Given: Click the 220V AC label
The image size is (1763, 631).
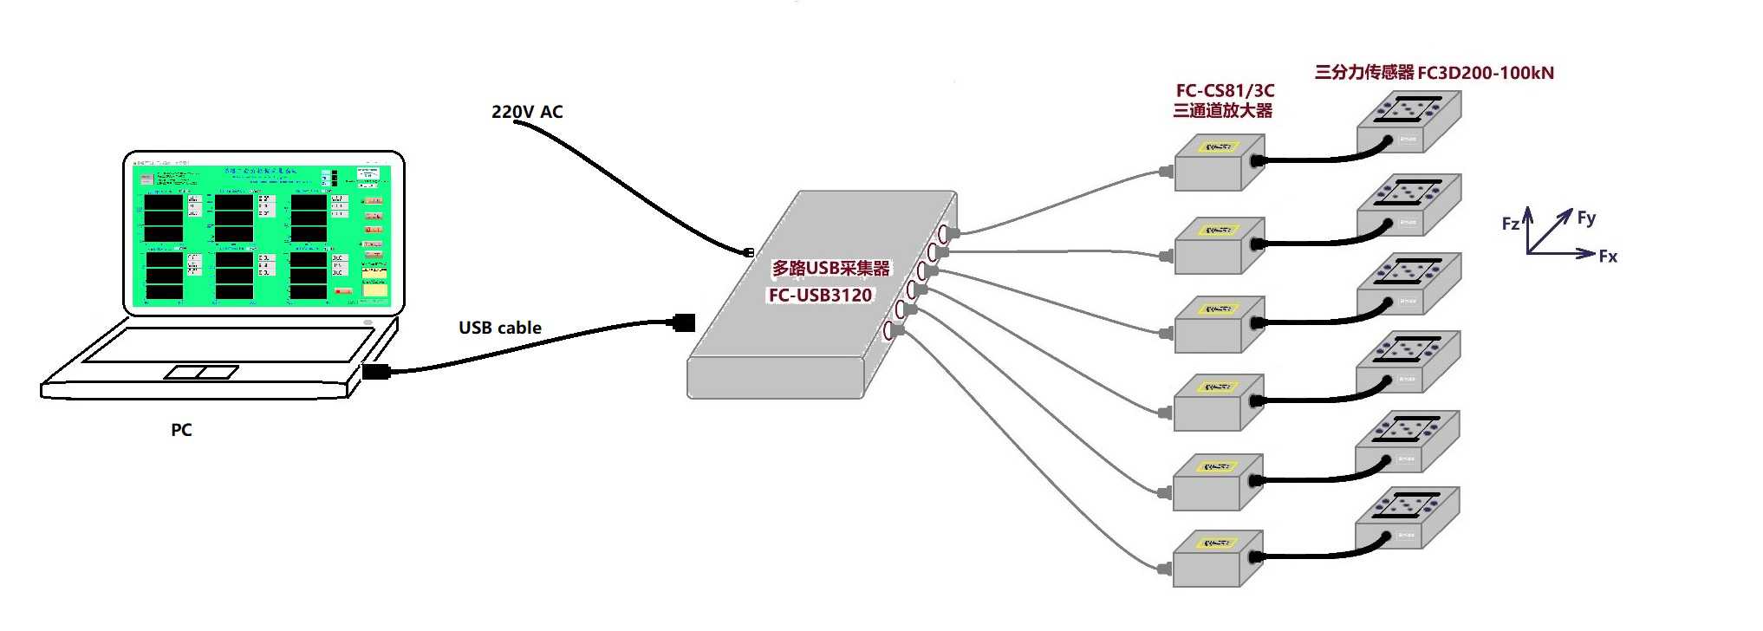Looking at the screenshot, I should tap(527, 112).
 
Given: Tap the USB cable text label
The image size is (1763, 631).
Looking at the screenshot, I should tap(500, 328).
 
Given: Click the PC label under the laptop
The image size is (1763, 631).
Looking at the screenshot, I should tap(181, 430).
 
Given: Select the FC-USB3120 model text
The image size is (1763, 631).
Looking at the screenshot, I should tap(820, 295).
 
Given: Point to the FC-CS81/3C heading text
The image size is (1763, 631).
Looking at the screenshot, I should tap(1225, 90).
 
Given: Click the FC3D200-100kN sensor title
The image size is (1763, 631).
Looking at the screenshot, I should tap(1434, 73).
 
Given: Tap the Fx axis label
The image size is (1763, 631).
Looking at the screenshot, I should tap(1608, 256).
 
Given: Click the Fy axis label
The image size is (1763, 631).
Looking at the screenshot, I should tap(1586, 218).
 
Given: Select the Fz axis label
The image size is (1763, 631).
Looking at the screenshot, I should tap(1510, 224).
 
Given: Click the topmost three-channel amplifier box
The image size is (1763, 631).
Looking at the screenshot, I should tap(1218, 163).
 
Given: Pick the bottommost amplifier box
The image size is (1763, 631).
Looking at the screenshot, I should tap(1216, 558).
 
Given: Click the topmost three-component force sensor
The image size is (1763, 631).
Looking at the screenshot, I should tap(1408, 121).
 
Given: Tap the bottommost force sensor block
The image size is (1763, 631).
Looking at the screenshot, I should tap(1407, 517).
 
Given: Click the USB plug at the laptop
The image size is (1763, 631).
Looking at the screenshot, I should tap(376, 372).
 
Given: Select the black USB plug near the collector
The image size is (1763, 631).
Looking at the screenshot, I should tap(684, 323).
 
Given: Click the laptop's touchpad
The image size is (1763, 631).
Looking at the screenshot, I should tap(202, 372).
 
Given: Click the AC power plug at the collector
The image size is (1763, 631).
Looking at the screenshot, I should tap(748, 252).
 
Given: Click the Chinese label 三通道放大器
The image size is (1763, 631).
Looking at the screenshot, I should tap(1222, 110).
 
